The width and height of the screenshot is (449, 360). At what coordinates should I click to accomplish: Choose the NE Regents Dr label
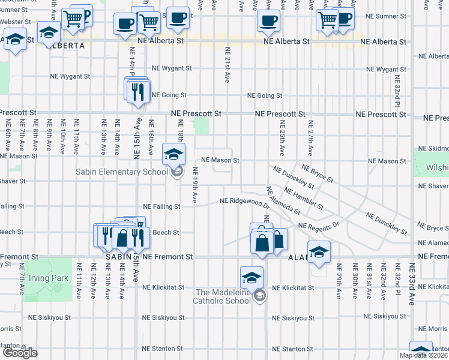(x=319, y=226)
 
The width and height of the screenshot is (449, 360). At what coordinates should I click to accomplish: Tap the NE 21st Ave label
(x=227, y=65)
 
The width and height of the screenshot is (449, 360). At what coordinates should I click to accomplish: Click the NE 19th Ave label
(x=194, y=188)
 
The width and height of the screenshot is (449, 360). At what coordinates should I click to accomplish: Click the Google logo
(x=20, y=353)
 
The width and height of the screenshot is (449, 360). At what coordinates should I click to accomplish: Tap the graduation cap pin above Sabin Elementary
(x=173, y=155)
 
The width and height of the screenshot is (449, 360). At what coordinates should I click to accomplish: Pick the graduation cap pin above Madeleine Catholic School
(x=252, y=278)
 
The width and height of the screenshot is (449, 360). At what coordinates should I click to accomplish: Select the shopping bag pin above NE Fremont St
(x=262, y=243)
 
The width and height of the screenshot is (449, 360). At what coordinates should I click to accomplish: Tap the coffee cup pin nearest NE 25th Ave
(x=268, y=21)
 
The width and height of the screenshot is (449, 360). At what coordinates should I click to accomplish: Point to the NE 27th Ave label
(x=310, y=136)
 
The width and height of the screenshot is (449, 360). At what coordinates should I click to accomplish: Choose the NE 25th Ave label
(x=282, y=136)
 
